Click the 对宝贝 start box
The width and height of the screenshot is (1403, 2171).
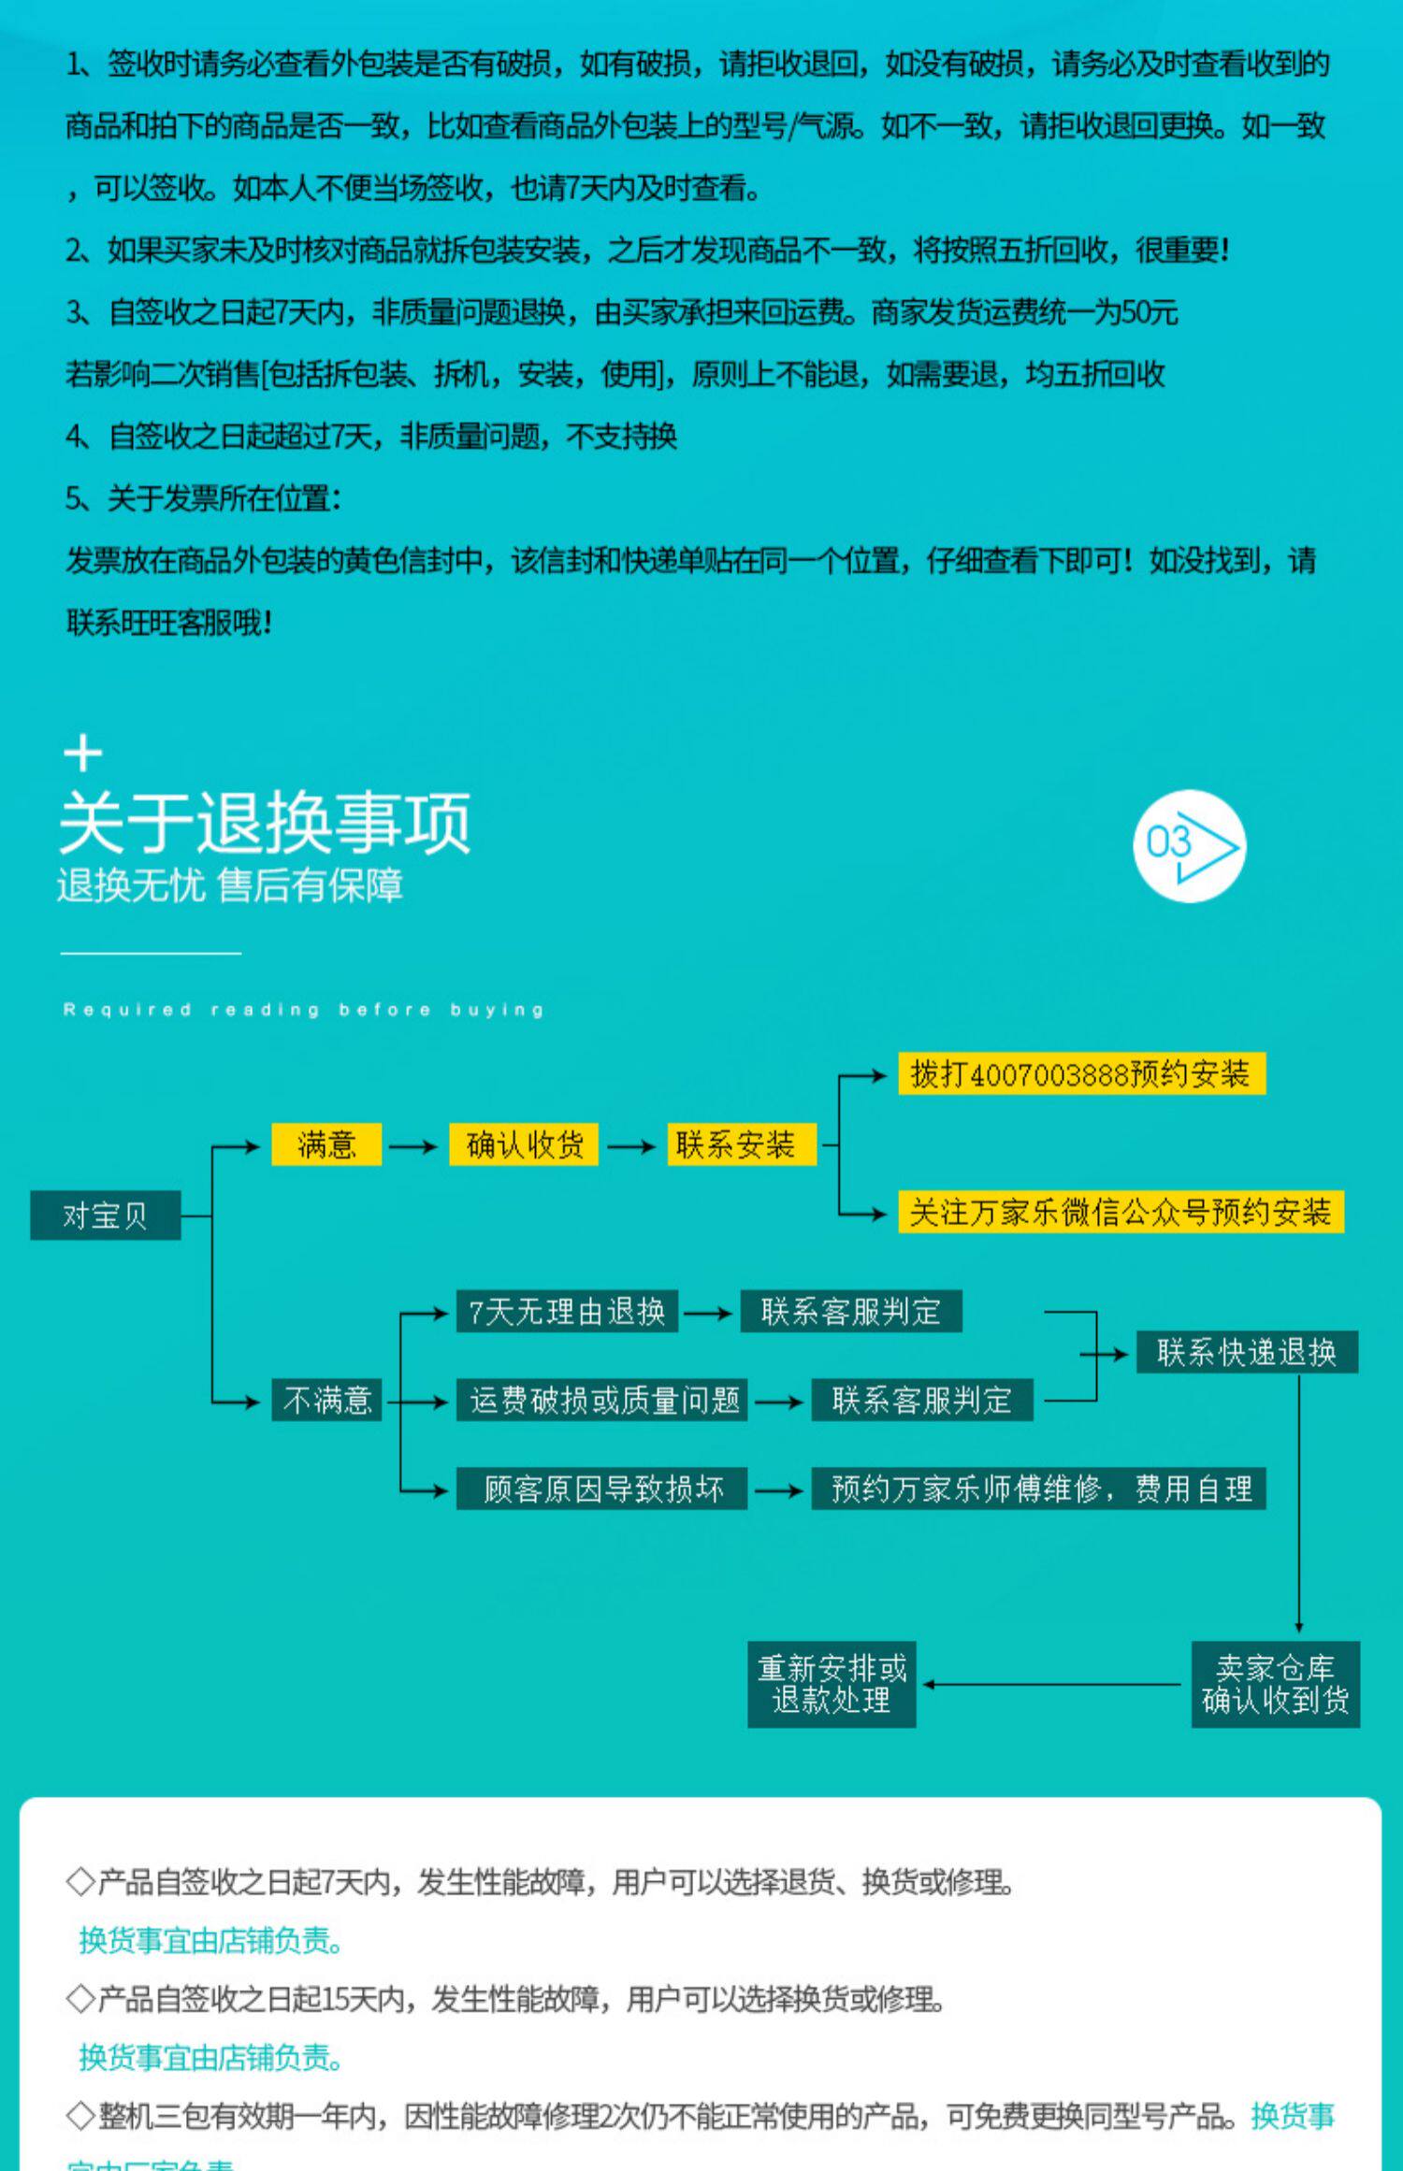click(x=105, y=1215)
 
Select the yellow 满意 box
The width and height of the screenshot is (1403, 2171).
click(x=326, y=1144)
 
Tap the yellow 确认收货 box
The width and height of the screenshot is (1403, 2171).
click(x=524, y=1144)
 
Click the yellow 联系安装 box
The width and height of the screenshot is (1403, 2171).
click(x=741, y=1144)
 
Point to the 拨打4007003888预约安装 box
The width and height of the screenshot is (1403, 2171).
click(x=1081, y=1073)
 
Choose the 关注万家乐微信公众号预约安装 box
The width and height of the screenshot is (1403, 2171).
click(x=1121, y=1212)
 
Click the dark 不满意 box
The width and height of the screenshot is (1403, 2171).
click(x=326, y=1400)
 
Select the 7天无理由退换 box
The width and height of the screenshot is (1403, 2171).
click(x=567, y=1311)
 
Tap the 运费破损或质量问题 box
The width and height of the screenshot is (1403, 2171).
click(x=601, y=1400)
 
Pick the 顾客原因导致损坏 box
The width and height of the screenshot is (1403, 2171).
click(x=601, y=1488)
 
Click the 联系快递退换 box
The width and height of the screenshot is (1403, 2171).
click(x=1247, y=1352)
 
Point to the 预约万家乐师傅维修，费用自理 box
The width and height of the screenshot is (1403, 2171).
click(x=1038, y=1488)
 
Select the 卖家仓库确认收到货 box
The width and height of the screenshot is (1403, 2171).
click(x=1275, y=1684)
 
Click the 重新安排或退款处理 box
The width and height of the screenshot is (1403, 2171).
click(x=832, y=1684)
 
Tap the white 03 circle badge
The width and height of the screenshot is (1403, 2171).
click(x=1189, y=846)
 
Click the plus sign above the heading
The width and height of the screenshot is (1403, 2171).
click(x=83, y=754)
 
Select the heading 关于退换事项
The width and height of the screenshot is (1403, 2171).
click(x=265, y=823)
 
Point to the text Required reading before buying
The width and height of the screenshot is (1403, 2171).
click(x=304, y=1010)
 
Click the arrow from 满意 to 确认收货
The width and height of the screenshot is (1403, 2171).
click(x=413, y=1146)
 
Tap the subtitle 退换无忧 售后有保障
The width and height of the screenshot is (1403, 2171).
click(x=230, y=885)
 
